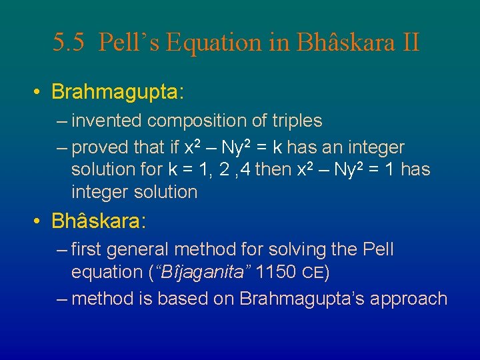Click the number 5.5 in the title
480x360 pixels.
click(69, 43)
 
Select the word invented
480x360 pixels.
click(107, 121)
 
